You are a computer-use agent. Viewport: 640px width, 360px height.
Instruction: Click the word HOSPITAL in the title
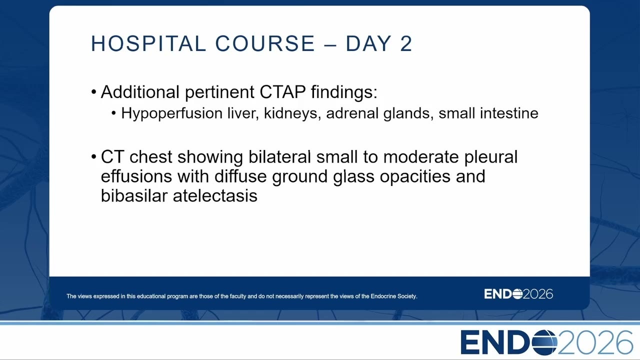point(148,43)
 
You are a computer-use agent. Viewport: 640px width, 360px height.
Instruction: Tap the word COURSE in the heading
point(265,43)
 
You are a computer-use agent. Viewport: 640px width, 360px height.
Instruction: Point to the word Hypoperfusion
point(171,113)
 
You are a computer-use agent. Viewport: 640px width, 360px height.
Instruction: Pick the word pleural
point(491,157)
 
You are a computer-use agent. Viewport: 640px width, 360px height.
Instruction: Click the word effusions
point(136,176)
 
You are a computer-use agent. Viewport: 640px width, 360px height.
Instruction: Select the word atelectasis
point(215,196)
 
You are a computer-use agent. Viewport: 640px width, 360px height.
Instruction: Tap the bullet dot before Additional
point(93,92)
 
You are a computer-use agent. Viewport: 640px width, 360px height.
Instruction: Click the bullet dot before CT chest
point(93,157)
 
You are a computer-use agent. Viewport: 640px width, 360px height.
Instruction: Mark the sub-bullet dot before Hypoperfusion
point(113,113)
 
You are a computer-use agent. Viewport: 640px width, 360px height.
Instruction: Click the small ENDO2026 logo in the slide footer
point(518,294)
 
